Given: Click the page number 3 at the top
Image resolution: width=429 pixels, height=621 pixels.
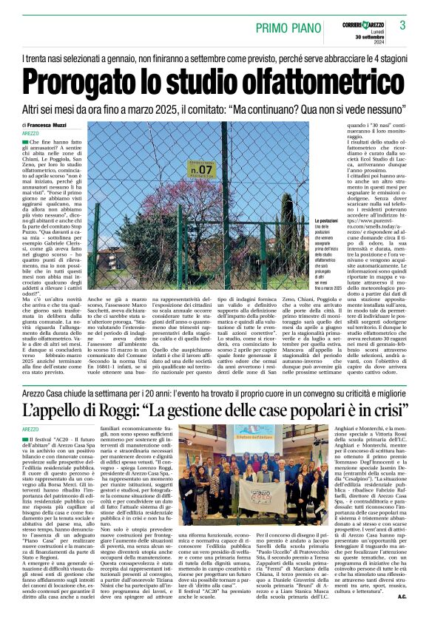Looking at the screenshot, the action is point(402,25).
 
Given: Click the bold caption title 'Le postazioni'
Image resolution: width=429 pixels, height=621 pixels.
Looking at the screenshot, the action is point(328,221).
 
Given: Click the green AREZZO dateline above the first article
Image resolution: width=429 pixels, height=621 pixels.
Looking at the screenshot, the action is point(30,134).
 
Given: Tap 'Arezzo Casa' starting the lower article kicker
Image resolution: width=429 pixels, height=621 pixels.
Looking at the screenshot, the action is point(40,387).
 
